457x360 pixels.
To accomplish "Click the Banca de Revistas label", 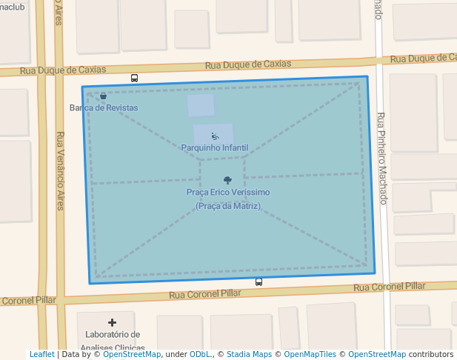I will [x=104, y=108].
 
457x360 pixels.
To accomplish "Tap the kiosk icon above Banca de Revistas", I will [x=103, y=96].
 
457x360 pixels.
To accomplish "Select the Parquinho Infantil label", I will [x=214, y=148].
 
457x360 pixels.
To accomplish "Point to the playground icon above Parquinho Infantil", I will [x=215, y=136].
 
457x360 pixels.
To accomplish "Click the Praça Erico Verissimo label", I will [x=227, y=193].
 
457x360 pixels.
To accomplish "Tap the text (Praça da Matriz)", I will [x=227, y=206].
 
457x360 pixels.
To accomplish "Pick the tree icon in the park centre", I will [x=227, y=180].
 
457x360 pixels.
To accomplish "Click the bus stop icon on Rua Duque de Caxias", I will [x=134, y=78].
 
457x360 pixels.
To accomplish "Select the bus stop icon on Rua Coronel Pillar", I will [x=258, y=281].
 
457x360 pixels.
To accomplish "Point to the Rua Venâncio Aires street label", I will [x=60, y=170].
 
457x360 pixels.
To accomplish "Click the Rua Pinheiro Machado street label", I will [x=381, y=159].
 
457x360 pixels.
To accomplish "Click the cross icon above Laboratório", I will [x=112, y=322].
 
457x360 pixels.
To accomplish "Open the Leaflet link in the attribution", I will [x=41, y=355].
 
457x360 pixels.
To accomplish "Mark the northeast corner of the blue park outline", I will [x=367, y=76].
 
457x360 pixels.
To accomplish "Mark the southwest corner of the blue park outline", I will [x=90, y=283].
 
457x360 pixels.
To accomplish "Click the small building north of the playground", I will [x=201, y=105].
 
